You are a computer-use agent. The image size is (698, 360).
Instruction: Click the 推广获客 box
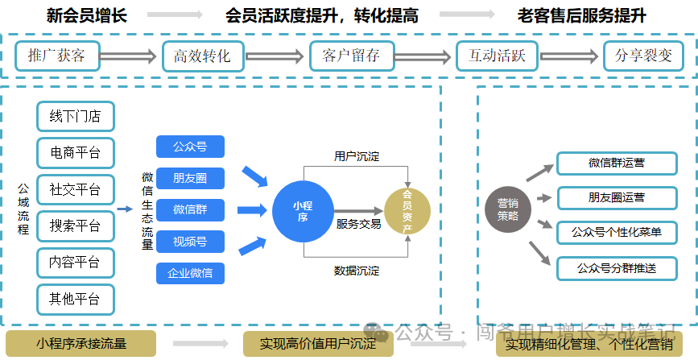[x=56, y=56]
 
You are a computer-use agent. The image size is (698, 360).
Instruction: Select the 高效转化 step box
[x=202, y=56]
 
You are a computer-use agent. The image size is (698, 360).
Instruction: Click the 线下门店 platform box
[x=76, y=116]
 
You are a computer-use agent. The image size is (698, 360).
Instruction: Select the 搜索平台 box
[x=76, y=225]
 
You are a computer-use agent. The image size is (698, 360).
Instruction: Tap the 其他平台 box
[x=76, y=299]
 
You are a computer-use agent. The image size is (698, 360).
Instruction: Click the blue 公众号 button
[x=190, y=147]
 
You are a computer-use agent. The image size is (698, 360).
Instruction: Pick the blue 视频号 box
[x=190, y=241]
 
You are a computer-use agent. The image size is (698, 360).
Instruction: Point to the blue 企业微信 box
[x=190, y=273]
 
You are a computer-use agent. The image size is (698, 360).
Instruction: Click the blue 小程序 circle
[x=302, y=211]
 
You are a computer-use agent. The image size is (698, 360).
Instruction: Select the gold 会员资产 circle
[x=407, y=211]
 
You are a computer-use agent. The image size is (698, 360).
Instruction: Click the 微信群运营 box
[x=617, y=163]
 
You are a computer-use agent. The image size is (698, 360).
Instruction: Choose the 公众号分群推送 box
[x=617, y=267]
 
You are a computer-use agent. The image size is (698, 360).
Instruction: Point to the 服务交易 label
[x=358, y=224]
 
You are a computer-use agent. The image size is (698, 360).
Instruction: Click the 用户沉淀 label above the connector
[x=357, y=155]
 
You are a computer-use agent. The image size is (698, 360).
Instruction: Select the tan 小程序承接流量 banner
[x=81, y=344]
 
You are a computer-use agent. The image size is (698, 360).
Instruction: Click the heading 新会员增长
[x=87, y=15]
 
